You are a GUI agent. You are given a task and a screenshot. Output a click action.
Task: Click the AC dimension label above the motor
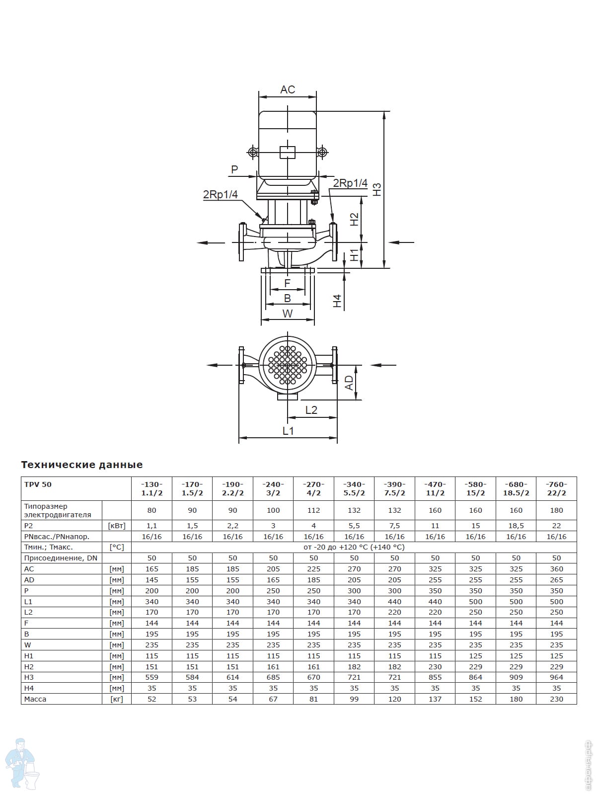click(288, 89)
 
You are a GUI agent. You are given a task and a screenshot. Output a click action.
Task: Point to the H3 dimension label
click(377, 189)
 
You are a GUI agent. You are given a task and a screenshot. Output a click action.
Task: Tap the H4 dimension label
click(337, 301)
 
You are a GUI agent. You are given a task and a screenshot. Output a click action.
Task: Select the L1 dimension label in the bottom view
click(288, 431)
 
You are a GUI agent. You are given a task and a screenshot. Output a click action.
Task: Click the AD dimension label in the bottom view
click(349, 383)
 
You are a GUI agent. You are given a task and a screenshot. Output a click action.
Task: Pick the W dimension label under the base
click(288, 314)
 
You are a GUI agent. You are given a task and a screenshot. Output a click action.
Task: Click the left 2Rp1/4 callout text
click(221, 194)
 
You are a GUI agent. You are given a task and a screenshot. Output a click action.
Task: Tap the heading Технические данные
click(82, 465)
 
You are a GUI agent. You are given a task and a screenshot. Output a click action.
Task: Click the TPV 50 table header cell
click(38, 484)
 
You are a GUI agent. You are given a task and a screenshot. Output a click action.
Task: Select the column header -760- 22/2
click(556, 488)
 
